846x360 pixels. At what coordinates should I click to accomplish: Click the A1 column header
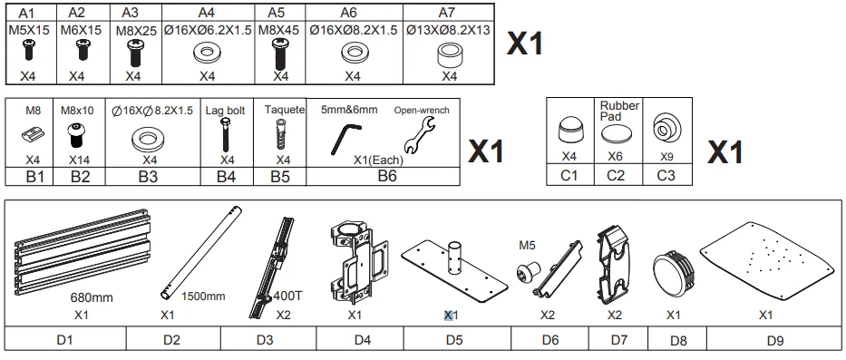(27, 13)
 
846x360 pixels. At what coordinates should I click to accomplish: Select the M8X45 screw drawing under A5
(280, 54)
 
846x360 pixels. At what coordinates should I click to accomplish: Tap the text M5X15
(29, 30)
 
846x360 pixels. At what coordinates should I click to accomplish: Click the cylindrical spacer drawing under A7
(448, 54)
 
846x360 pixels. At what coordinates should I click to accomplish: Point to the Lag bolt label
(225, 111)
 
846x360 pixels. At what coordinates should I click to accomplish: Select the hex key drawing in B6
(345, 138)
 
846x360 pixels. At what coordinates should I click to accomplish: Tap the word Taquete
(285, 110)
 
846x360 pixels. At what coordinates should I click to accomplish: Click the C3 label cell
(666, 175)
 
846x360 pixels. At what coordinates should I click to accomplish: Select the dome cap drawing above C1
(569, 131)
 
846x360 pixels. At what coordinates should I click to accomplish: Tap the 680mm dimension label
(92, 297)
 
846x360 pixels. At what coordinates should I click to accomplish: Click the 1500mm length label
(203, 297)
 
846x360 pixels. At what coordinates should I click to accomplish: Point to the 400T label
(287, 296)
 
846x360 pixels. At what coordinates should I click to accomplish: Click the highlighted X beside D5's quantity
(448, 316)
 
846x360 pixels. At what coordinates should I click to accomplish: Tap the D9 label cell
(774, 340)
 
